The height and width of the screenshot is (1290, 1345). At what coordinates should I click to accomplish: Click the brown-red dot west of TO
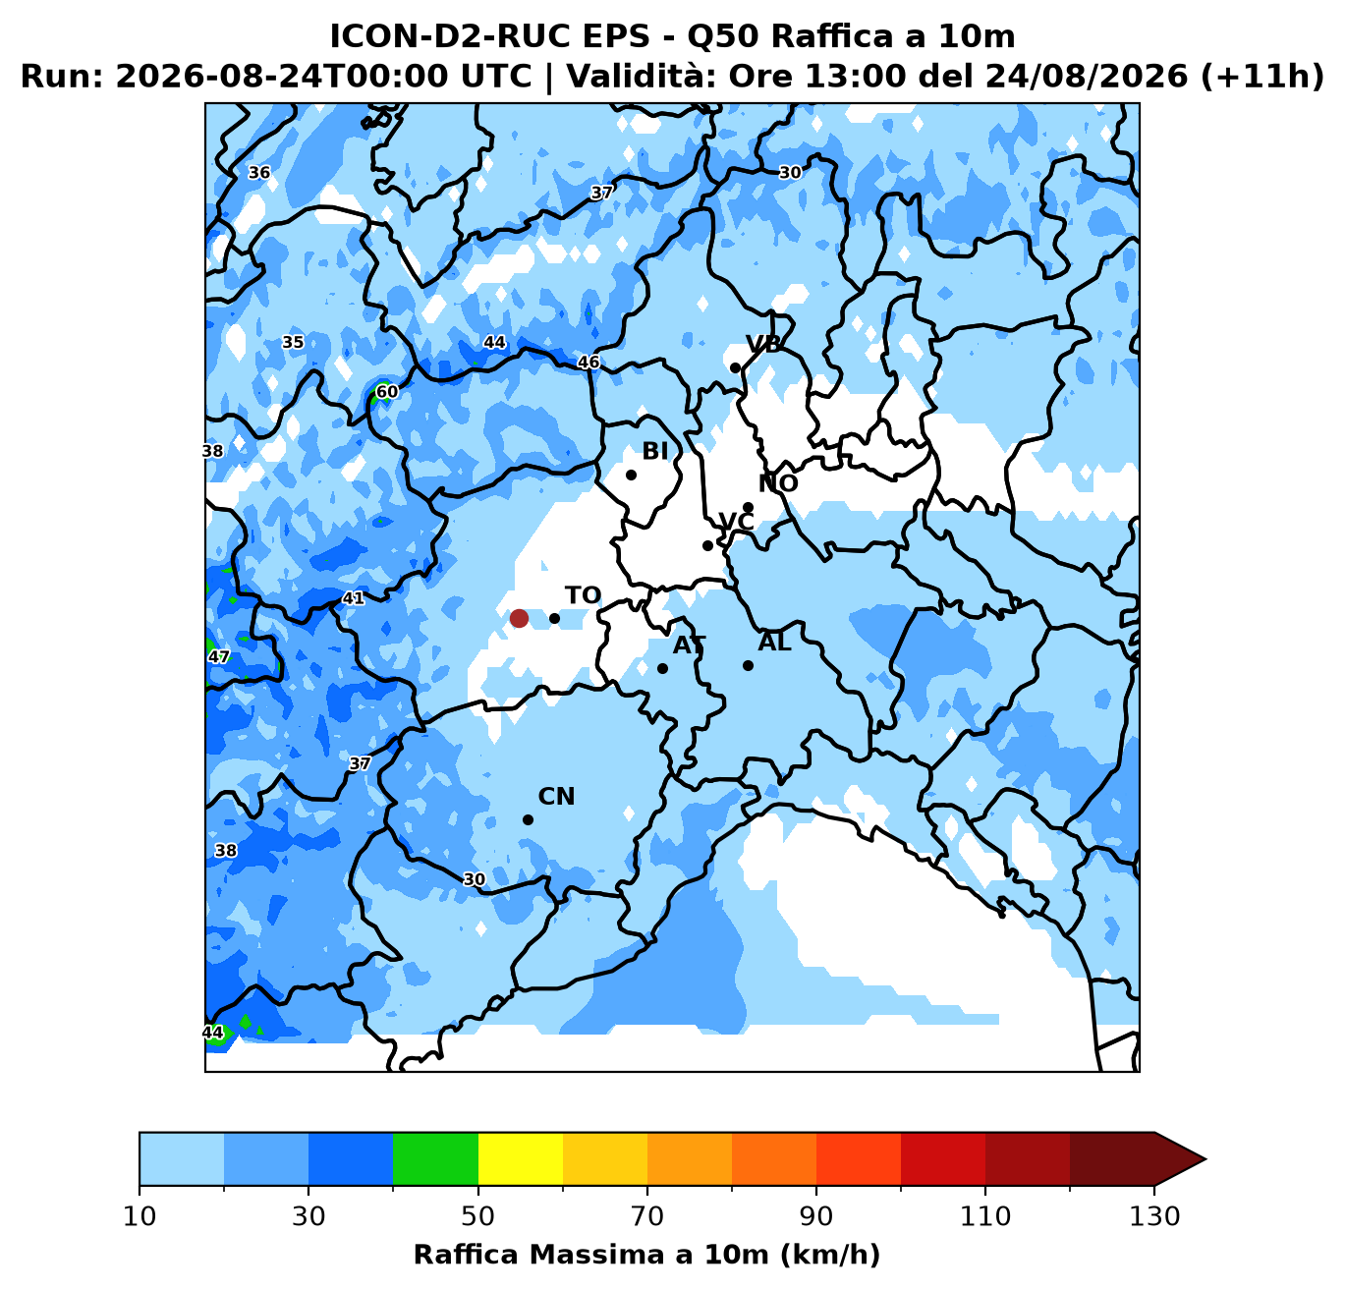click(x=519, y=618)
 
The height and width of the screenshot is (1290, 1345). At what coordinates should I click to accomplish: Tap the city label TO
click(x=583, y=595)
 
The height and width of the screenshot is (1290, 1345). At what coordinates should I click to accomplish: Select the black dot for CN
click(x=528, y=820)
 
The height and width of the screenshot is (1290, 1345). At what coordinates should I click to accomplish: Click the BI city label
click(x=654, y=451)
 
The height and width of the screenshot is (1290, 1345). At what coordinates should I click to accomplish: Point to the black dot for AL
click(x=748, y=666)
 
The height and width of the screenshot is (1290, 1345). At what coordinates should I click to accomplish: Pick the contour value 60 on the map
click(x=387, y=392)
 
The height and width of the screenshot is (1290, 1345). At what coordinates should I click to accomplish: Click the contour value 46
click(x=588, y=362)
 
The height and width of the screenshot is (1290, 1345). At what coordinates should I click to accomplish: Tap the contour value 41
click(x=353, y=598)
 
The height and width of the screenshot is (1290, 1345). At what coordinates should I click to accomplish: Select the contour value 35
click(x=293, y=342)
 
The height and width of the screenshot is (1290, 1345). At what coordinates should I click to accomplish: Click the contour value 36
click(x=259, y=172)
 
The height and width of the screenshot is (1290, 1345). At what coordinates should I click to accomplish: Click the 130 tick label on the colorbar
click(x=1154, y=1216)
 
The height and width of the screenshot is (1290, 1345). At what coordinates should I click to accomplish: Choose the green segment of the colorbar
click(x=435, y=1158)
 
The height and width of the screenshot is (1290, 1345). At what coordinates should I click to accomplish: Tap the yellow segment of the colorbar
click(x=521, y=1158)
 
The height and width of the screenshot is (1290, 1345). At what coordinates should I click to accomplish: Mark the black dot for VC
click(x=707, y=545)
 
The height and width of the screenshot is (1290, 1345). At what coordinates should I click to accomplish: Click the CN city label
click(x=556, y=797)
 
